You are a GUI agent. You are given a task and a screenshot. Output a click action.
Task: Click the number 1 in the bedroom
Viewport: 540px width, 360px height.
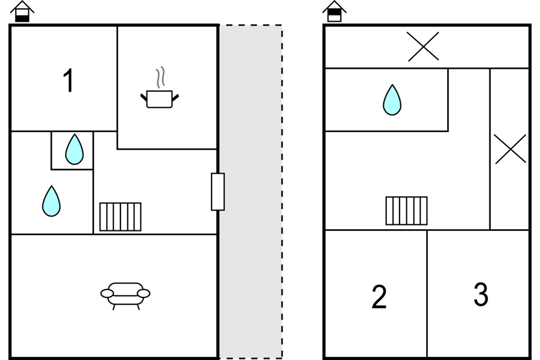point(69,80)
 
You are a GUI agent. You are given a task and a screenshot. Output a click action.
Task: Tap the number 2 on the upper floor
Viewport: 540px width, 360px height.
point(379,296)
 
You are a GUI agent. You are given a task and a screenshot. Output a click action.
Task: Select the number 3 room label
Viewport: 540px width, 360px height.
point(481,294)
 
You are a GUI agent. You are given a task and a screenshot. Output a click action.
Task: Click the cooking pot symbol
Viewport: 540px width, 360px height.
point(160,99)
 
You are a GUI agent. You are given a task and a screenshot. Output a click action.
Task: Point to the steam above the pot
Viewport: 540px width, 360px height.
point(160,78)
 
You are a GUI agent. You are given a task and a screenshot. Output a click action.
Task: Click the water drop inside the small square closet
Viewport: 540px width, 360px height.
point(74,149)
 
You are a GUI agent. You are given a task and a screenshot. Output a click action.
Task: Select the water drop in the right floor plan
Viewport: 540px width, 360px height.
point(392,99)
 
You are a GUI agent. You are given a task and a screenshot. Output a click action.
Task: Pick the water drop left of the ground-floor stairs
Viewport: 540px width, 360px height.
point(51,201)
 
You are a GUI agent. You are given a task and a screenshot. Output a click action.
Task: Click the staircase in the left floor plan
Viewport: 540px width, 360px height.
point(120,216)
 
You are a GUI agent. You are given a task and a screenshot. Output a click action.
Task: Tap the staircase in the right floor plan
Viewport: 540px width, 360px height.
point(406,211)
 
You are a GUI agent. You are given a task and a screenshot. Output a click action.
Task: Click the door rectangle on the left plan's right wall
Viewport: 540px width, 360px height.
point(218,192)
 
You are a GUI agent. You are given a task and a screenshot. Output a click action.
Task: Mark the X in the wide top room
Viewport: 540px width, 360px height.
point(423,46)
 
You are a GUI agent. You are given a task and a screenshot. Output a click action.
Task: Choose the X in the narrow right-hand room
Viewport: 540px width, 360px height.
point(510,149)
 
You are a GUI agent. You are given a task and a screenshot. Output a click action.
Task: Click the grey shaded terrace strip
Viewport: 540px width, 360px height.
point(251,192)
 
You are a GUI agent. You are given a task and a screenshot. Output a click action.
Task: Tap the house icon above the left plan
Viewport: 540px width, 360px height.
point(22,11)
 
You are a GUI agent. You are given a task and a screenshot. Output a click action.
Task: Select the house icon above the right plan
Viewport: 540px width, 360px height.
point(334,11)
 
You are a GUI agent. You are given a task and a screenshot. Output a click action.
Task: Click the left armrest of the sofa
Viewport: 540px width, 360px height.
point(107,293)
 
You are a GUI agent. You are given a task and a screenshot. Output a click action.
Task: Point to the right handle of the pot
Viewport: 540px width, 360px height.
point(175,98)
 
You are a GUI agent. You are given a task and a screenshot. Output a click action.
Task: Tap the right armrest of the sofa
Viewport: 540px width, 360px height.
point(143,293)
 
